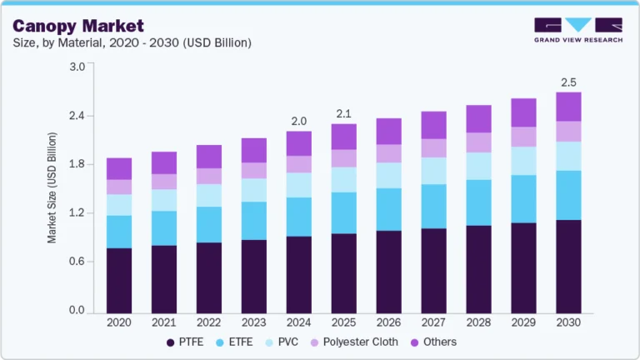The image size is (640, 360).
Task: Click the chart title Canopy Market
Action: (78, 26)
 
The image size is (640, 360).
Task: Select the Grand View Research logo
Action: (577, 30)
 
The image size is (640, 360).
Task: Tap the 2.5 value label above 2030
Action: (568, 82)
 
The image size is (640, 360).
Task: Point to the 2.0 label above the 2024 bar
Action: (298, 122)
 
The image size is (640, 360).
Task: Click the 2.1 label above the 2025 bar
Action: (343, 113)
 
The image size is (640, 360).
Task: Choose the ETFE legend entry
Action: (236, 342)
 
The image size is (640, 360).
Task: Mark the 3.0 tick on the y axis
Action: (77, 67)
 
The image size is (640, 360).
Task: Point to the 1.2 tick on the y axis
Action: (77, 213)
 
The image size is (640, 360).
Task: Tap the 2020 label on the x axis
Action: (119, 322)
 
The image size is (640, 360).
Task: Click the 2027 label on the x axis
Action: (433, 322)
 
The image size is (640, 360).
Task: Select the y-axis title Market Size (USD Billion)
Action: (52, 187)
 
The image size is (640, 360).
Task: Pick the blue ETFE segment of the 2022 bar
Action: (209, 224)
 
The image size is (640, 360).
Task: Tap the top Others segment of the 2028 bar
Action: (478, 118)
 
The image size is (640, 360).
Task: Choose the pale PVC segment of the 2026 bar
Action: (388, 175)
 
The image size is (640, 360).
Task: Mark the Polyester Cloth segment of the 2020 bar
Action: (119, 187)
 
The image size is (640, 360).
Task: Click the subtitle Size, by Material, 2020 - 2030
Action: (132, 42)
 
